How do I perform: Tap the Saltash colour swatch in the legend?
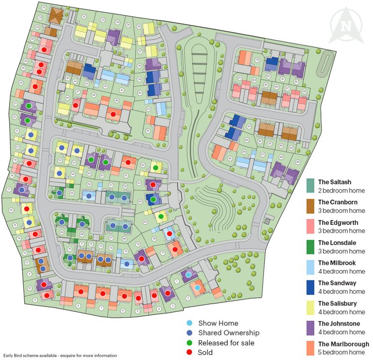click(x=310, y=186)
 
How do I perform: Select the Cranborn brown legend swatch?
click(x=310, y=206)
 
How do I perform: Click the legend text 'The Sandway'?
click(x=337, y=283)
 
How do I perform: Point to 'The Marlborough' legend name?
click(x=343, y=344)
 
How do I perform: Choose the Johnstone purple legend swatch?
click(x=310, y=328)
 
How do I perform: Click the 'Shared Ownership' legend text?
click(x=229, y=333)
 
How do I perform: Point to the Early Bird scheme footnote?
click(x=60, y=356)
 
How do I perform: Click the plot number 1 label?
click(x=177, y=281)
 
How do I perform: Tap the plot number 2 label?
click(x=187, y=298)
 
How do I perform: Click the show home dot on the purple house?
click(x=188, y=274)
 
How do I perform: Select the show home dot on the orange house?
click(x=198, y=287)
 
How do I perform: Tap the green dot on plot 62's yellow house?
click(x=156, y=168)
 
